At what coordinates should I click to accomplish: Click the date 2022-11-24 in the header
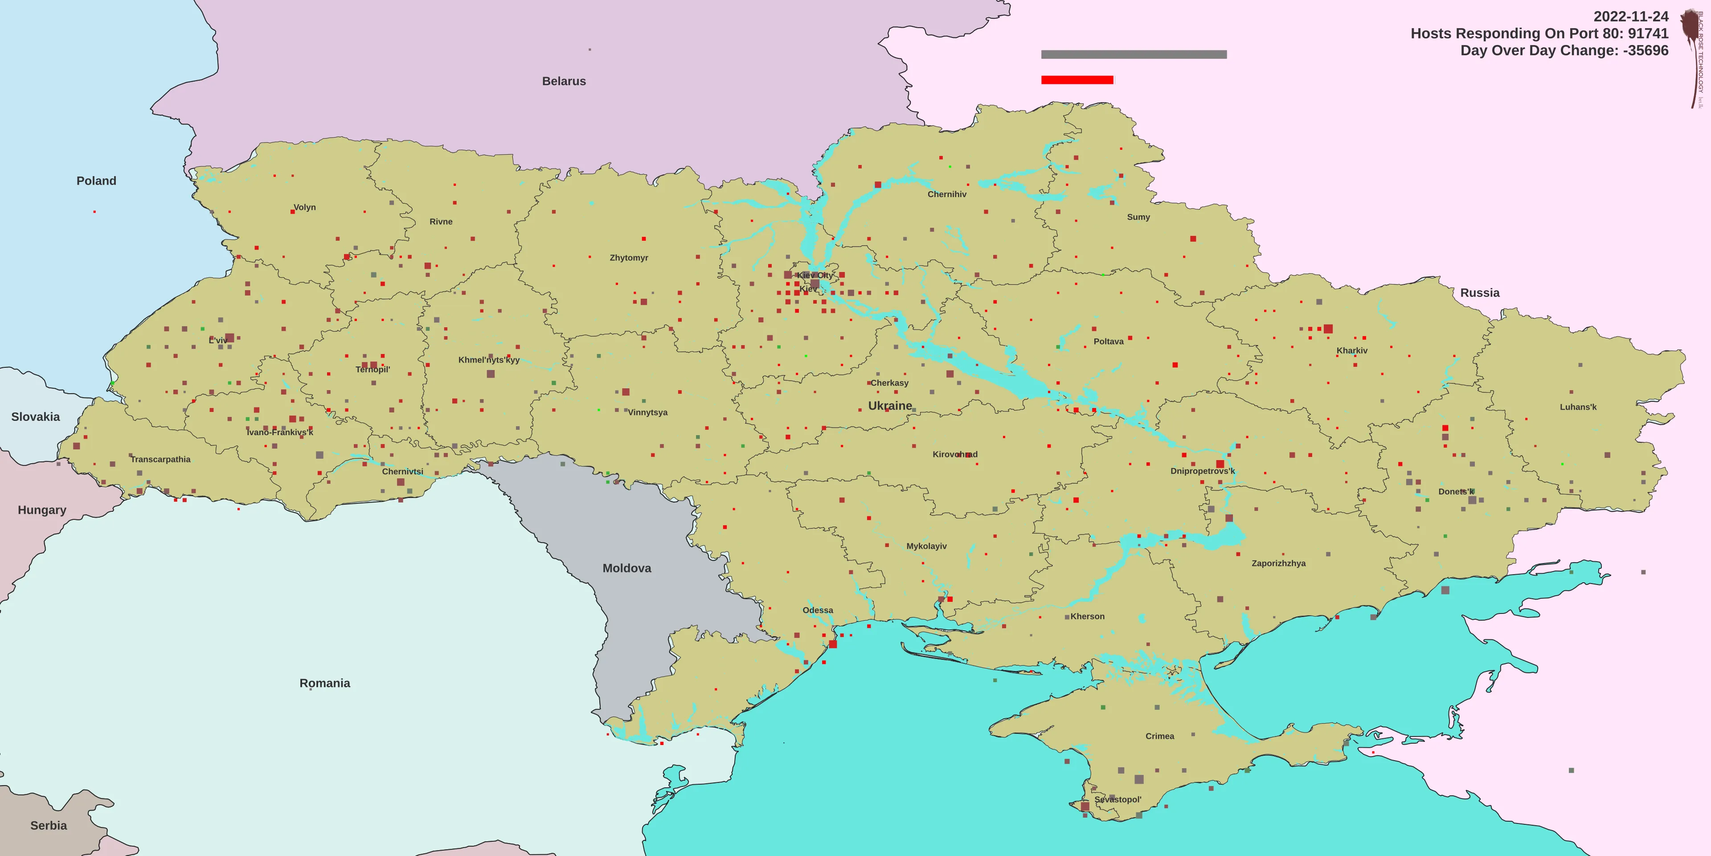click(x=1631, y=16)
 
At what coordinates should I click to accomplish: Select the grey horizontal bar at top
click(x=1134, y=54)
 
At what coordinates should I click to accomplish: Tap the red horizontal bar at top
click(x=1077, y=80)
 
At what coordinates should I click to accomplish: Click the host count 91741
click(x=1647, y=34)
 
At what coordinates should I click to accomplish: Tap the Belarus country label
click(x=564, y=81)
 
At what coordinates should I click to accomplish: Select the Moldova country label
click(x=626, y=568)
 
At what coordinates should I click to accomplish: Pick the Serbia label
click(x=49, y=825)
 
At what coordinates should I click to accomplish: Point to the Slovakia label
click(x=35, y=417)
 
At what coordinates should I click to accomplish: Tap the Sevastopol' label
click(x=1118, y=799)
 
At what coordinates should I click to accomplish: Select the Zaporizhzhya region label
click(x=1279, y=564)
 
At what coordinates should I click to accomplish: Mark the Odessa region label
click(x=818, y=610)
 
